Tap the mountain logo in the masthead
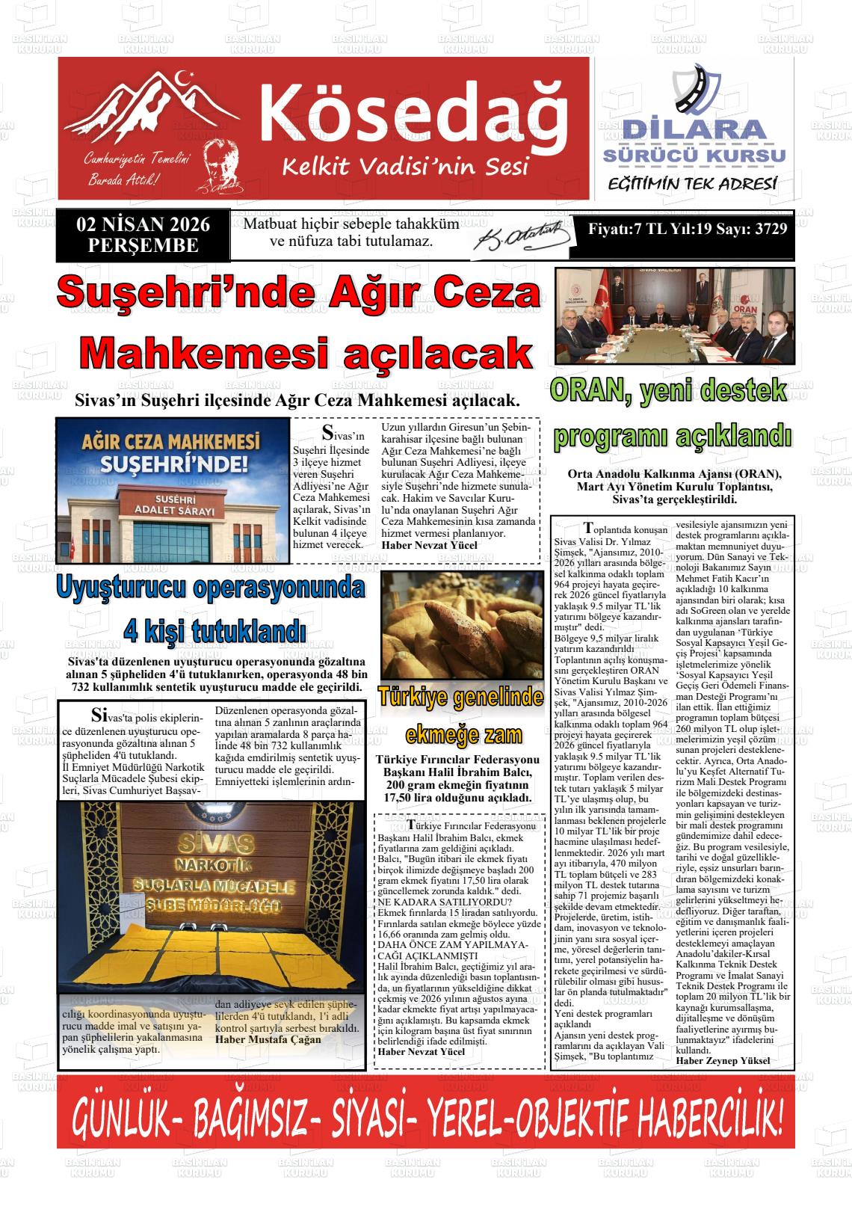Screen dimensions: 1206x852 pyautogui.click(x=153, y=105)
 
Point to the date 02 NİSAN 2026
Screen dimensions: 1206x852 pyautogui.click(x=143, y=225)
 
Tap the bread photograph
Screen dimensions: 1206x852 pyautogui.click(x=461, y=625)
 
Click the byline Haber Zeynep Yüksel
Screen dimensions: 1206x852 pyautogui.click(x=722, y=1060)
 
